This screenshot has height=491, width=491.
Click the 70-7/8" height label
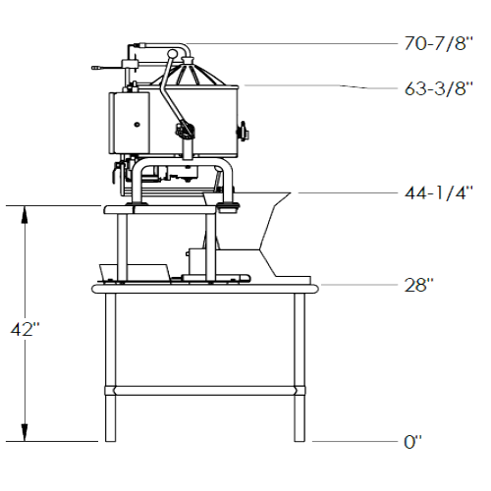click(x=439, y=43)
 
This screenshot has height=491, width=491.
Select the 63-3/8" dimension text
click(x=439, y=88)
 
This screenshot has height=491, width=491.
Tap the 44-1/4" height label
click(x=439, y=192)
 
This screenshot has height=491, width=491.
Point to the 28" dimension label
click(x=418, y=285)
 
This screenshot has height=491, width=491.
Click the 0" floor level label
click(x=412, y=442)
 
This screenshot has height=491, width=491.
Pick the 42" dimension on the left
click(x=25, y=329)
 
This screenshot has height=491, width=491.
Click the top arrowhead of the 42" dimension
click(x=25, y=214)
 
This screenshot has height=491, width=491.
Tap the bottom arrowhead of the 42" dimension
click(x=25, y=432)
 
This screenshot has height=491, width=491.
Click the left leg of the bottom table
click(x=110, y=367)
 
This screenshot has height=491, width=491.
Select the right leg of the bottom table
click(x=300, y=367)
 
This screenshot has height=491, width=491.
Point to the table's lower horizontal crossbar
click(x=205, y=391)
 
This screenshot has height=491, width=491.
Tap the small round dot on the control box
click(x=136, y=124)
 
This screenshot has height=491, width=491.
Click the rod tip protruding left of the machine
click(x=96, y=68)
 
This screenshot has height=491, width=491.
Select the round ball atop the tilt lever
click(x=172, y=53)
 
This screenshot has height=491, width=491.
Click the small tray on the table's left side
click(x=135, y=273)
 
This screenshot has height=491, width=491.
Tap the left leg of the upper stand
click(x=122, y=247)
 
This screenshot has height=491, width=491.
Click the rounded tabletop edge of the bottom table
click(x=205, y=289)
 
